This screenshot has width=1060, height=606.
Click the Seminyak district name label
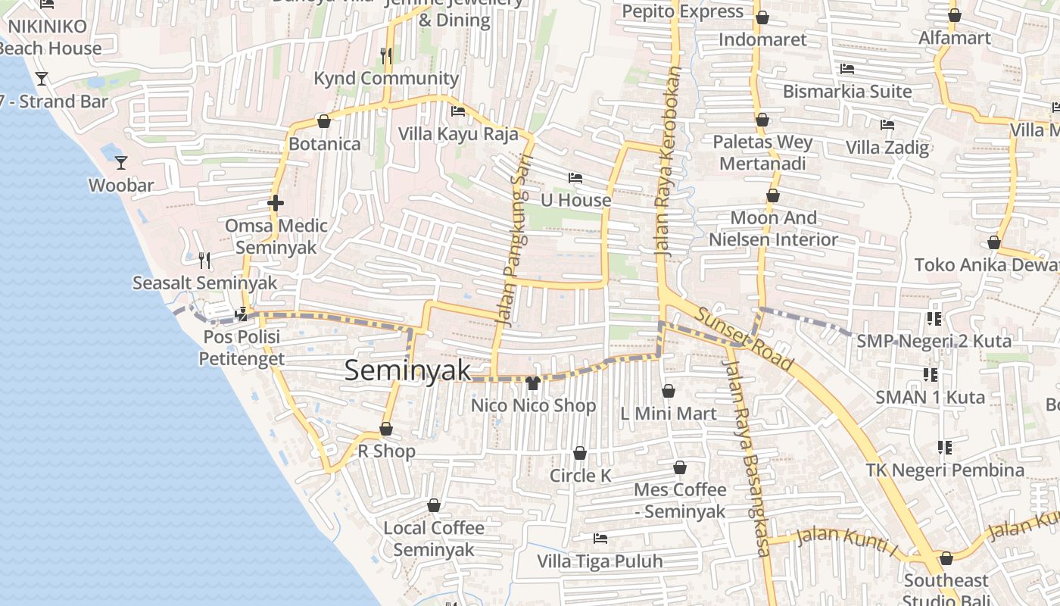click(407, 370)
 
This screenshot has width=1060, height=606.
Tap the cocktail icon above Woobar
click(120, 162)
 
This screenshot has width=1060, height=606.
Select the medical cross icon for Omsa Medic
click(276, 203)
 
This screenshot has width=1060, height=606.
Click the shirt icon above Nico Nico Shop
click(532, 383)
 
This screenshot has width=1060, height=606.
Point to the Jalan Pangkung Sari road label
click(514, 241)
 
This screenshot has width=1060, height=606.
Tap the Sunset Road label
click(744, 338)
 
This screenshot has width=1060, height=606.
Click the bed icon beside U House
click(575, 178)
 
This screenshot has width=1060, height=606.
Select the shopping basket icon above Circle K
click(580, 453)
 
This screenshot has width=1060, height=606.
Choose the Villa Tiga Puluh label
click(600, 561)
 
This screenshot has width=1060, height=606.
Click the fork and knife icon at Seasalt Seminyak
click(204, 261)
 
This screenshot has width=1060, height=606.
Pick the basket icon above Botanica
click(324, 121)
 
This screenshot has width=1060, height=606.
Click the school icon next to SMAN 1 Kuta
click(931, 374)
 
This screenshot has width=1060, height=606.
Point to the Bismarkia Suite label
click(847, 92)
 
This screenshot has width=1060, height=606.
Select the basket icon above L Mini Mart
click(668, 391)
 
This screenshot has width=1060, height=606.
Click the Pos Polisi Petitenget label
click(242, 347)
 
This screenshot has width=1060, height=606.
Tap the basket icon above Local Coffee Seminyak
click(434, 505)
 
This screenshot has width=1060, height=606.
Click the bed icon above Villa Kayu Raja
click(458, 111)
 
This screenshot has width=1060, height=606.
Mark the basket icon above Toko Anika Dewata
click(993, 242)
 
